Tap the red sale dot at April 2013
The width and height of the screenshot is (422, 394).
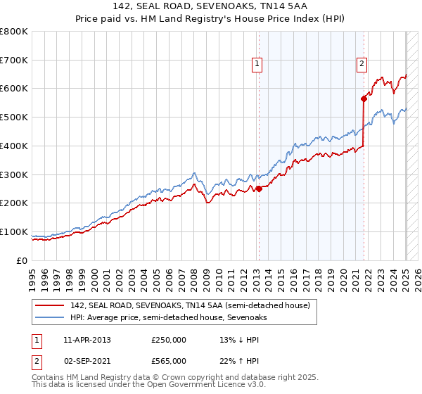coord(259,189)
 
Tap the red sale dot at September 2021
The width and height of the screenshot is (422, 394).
coord(364,99)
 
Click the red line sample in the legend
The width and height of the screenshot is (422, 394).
coord(51,305)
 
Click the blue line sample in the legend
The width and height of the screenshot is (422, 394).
coord(51,317)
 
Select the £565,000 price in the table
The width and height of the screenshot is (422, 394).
coord(169,361)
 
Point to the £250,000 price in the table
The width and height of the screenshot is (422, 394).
coord(169,340)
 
